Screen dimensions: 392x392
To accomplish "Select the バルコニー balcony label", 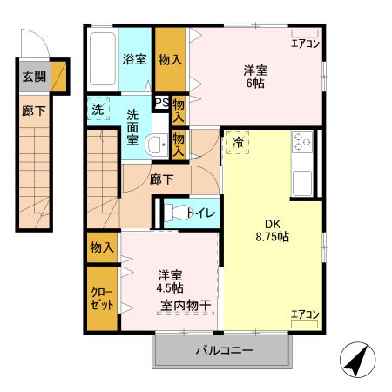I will (x=223, y=351).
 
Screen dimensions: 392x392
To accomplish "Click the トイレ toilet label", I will (x=204, y=212).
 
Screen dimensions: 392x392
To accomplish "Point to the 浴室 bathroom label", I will (x=134, y=60).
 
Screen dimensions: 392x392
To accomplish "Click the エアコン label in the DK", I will (x=305, y=314).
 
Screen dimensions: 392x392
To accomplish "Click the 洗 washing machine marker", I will (x=98, y=111).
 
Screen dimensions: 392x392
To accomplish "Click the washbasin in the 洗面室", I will (x=158, y=145).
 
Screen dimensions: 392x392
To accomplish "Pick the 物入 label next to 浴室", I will (x=171, y=60).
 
